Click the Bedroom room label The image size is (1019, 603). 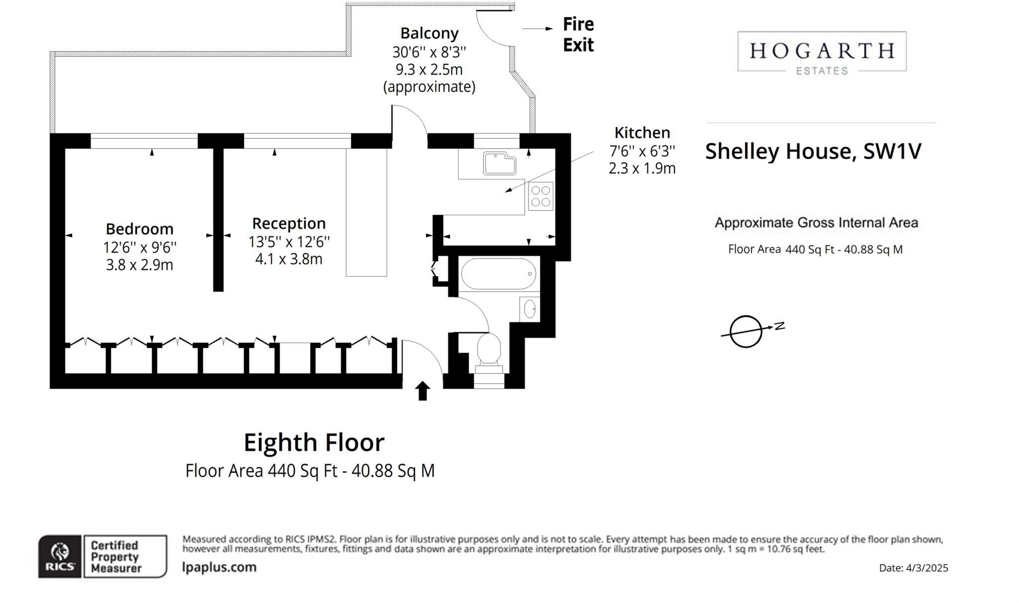(139, 229)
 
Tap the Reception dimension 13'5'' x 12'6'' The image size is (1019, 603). (289, 242)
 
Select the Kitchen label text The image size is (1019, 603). (642, 133)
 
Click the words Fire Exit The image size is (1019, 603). (578, 34)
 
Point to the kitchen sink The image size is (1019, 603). (499, 164)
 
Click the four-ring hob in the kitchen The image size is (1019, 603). (540, 197)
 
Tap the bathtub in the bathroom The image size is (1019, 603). (498, 274)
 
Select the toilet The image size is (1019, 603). (489, 350)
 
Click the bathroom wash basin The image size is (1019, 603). (530, 309)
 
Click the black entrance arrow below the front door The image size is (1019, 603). (422, 391)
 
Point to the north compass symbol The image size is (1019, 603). (746, 331)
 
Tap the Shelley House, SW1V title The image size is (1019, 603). (813, 151)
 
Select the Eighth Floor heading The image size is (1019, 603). (314, 443)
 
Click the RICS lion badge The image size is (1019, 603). (60, 557)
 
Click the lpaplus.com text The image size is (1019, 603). (219, 567)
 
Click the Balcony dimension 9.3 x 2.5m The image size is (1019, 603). (429, 69)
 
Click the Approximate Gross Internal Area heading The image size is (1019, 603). (816, 223)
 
